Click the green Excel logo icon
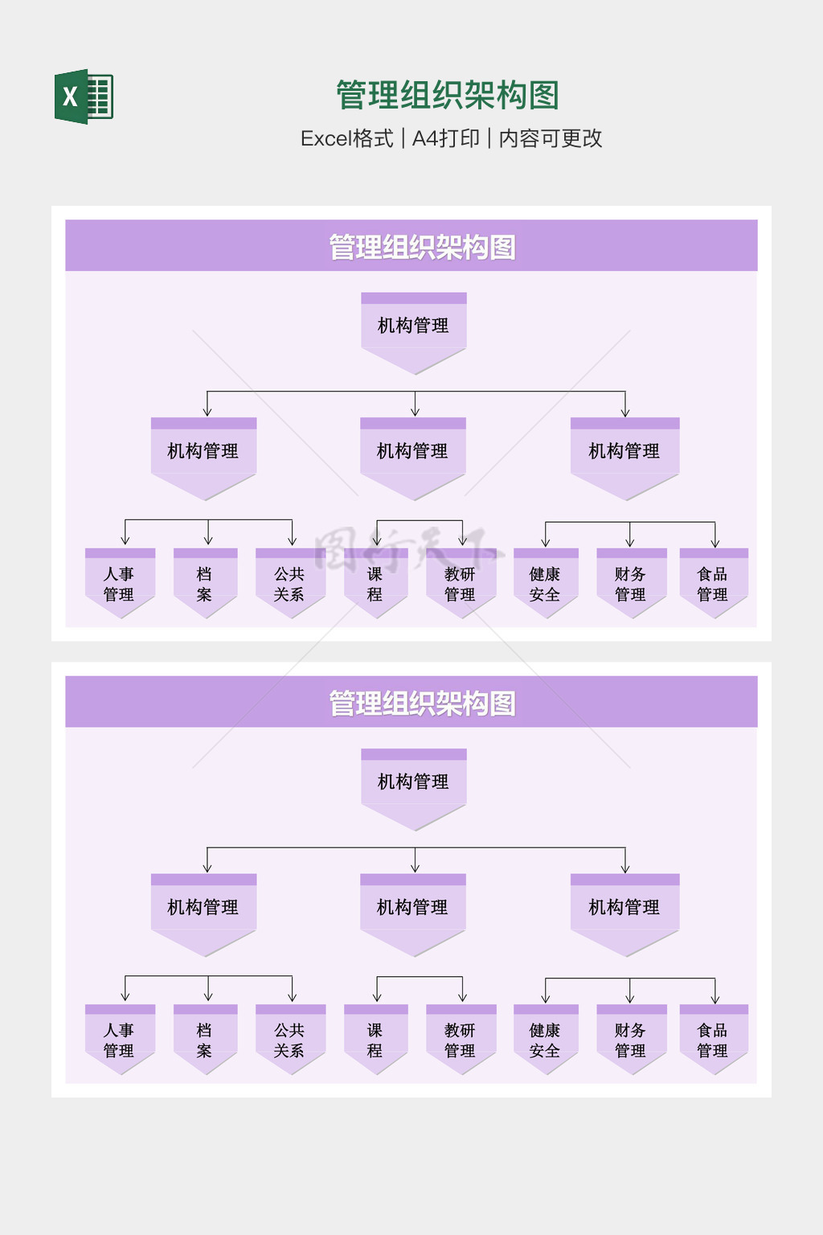click(84, 96)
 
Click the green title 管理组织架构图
click(447, 95)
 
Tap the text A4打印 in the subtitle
click(445, 138)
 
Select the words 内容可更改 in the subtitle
click(551, 138)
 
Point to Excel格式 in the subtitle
click(346, 138)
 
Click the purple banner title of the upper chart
click(422, 247)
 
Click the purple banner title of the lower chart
click(422, 703)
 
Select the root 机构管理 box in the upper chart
click(413, 326)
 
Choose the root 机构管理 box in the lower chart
click(413, 782)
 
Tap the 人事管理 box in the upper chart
click(120, 584)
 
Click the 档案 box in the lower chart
click(205, 1040)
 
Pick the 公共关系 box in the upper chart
click(290, 584)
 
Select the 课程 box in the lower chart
click(375, 1040)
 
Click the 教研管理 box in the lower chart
click(461, 1040)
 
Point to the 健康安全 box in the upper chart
click(546, 584)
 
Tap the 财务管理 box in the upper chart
click(631, 584)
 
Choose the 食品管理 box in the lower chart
click(714, 1040)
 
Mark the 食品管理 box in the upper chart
click(714, 584)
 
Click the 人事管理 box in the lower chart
click(120, 1040)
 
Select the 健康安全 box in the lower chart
click(546, 1040)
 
